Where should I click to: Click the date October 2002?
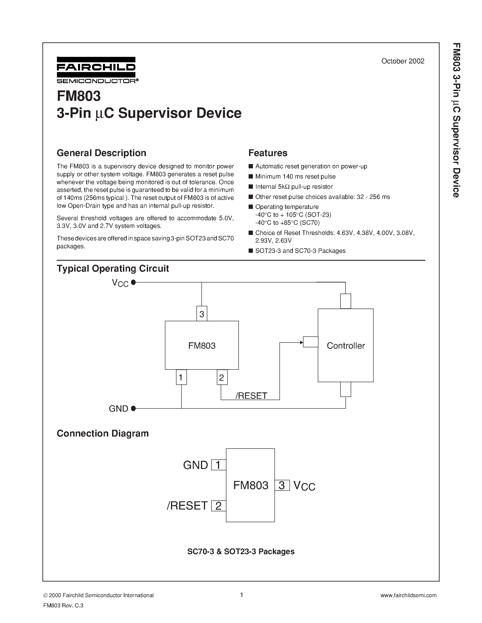point(403,61)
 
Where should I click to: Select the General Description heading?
point(101,153)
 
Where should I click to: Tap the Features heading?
point(268,153)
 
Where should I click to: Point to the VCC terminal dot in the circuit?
point(133,283)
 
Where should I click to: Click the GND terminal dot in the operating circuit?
point(133,408)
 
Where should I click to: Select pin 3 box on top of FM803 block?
point(202,314)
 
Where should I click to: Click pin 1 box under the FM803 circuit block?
point(181,377)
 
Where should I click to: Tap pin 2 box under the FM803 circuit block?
point(222,377)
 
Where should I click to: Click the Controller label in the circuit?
point(345,346)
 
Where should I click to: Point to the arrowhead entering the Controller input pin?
point(301,342)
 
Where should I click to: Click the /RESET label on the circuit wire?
point(251,396)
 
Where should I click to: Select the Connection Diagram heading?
point(103,433)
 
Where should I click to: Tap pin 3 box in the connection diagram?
point(282,485)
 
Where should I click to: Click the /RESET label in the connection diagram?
point(187,505)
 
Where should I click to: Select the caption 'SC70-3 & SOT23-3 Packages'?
point(241,551)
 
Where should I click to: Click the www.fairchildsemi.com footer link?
point(408,595)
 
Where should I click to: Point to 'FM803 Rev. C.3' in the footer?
point(63,605)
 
